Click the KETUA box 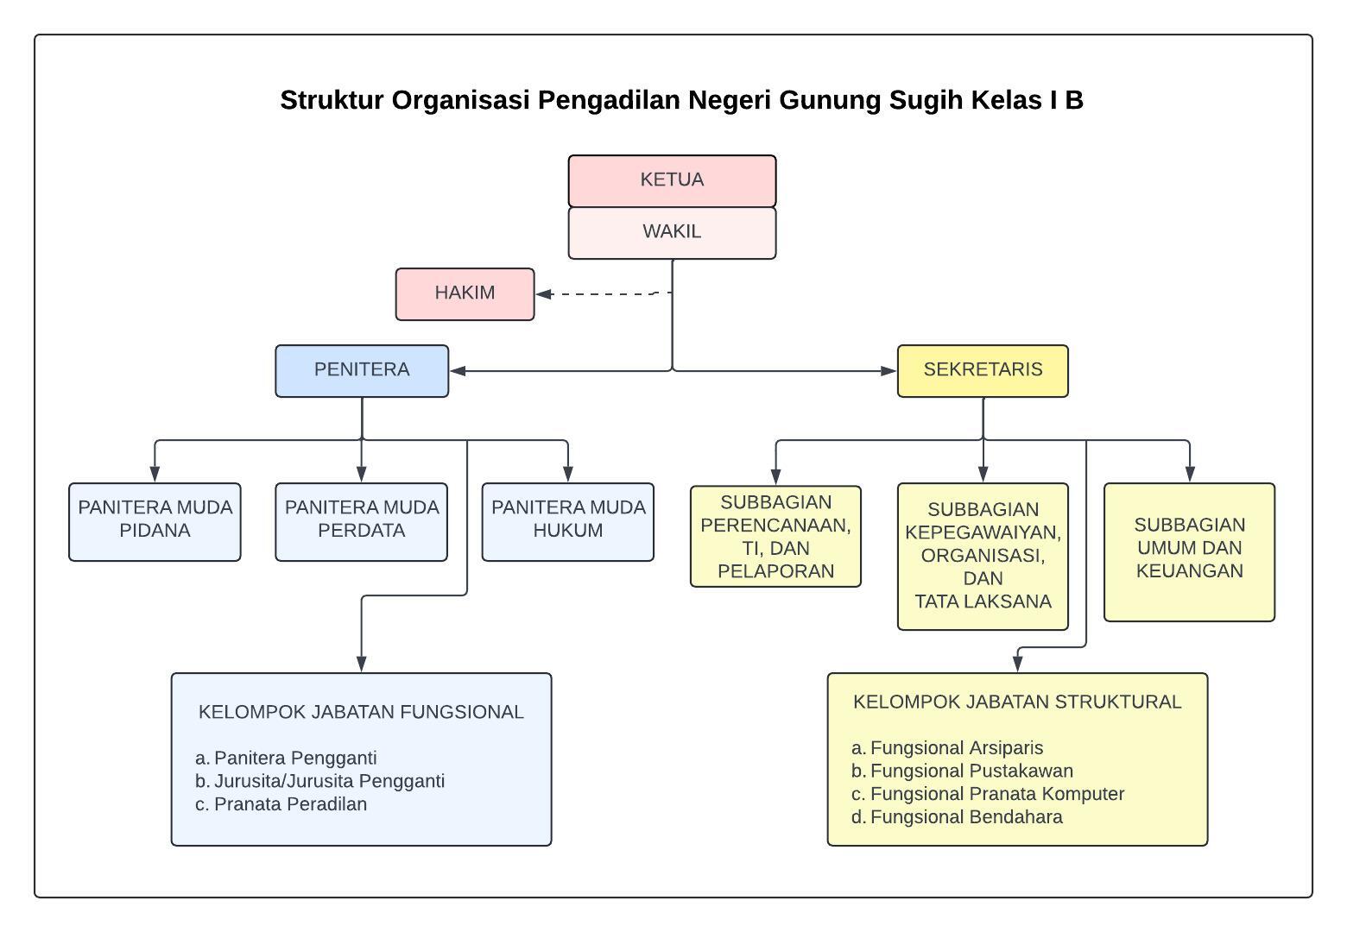[x=672, y=181]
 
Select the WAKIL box [x=672, y=233]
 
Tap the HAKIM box [x=465, y=294]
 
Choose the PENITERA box [x=362, y=371]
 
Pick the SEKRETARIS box [x=983, y=371]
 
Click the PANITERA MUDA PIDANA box [x=155, y=521]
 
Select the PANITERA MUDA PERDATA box [x=362, y=521]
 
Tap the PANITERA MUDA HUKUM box [x=567, y=521]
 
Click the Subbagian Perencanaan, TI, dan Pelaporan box [x=775, y=536]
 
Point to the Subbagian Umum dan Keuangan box [x=1190, y=551]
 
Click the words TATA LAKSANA [x=983, y=601]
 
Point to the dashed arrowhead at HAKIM [x=544, y=294]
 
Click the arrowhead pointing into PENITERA [x=458, y=371]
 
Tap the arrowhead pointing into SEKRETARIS [x=889, y=371]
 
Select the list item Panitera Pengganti [x=286, y=758]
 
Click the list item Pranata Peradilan [x=281, y=804]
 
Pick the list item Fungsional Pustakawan [x=962, y=771]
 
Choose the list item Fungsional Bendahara [x=957, y=816]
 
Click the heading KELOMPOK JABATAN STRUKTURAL [x=1017, y=702]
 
